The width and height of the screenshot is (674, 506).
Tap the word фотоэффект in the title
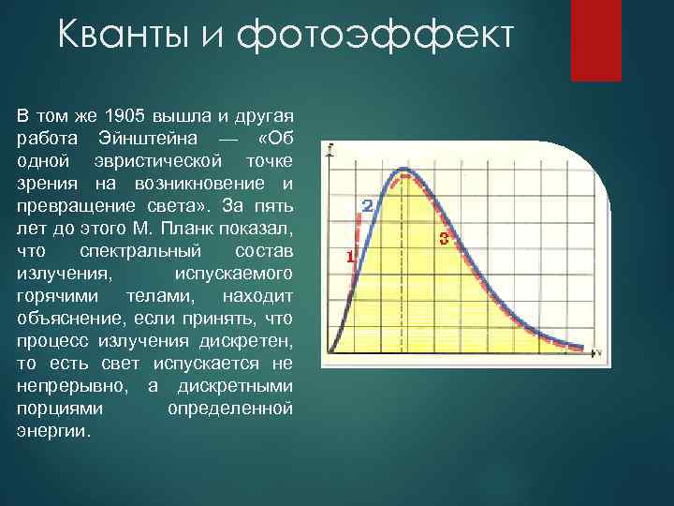pos(375,37)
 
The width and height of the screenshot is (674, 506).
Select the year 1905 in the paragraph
pos(120,116)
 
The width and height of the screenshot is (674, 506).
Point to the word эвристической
pos(157,160)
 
